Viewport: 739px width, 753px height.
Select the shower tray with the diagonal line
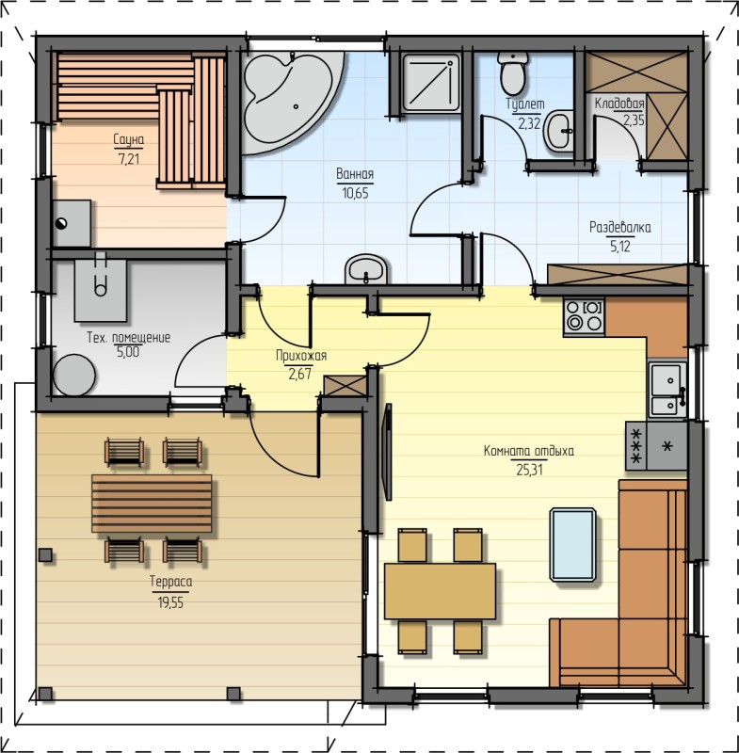coord(431,82)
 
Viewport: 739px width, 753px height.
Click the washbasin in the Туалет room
coord(559,131)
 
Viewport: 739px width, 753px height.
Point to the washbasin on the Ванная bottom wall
coord(366,269)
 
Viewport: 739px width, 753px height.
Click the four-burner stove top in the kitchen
coord(585,316)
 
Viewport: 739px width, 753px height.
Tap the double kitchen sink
coord(668,390)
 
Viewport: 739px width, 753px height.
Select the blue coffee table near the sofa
coord(573,545)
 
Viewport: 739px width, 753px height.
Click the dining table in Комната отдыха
coord(440,591)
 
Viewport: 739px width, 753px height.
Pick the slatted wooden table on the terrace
coord(152,504)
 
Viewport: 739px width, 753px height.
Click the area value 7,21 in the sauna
coord(129,158)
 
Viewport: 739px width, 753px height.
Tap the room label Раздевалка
coord(620,227)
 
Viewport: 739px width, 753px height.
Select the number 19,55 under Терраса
coord(170,602)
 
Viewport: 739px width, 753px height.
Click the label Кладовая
coord(619,104)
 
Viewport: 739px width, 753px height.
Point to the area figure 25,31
coord(529,470)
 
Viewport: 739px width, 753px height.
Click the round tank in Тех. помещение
coord(74,375)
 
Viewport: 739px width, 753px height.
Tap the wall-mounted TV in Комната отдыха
coord(388,452)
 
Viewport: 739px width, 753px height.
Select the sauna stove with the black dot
coord(72,223)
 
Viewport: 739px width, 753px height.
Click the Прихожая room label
coord(301,356)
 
